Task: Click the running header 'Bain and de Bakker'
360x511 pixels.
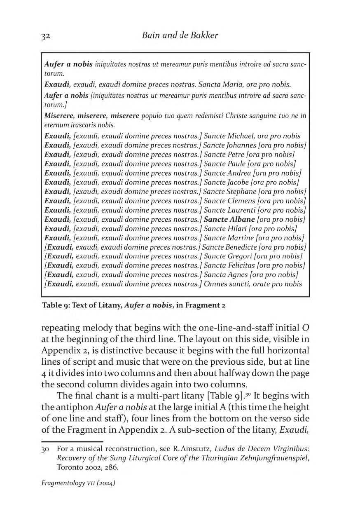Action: pos(180,35)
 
